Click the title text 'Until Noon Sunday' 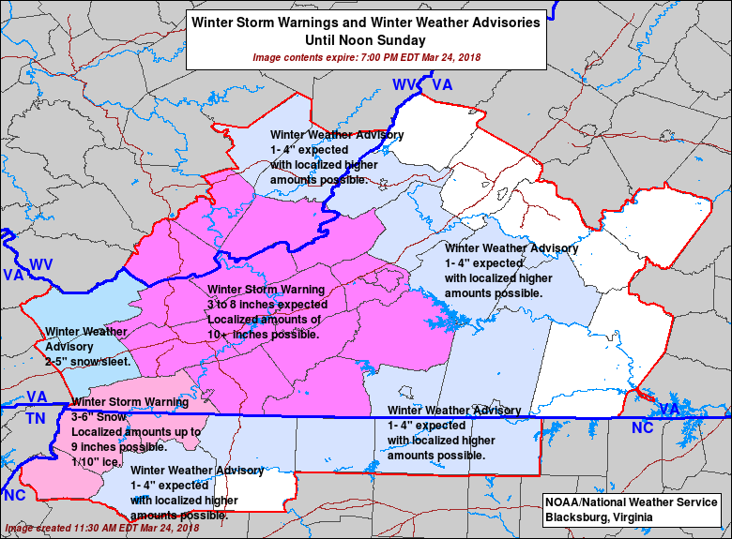pyautogui.click(x=365, y=40)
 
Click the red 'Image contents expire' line pyautogui.click(x=365, y=57)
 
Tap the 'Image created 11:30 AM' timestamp pyautogui.click(x=101, y=528)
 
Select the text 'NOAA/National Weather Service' pyautogui.click(x=631, y=502)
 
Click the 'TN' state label pyautogui.click(x=36, y=418)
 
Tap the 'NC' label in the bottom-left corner pyautogui.click(x=14, y=495)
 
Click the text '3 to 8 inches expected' pyautogui.click(x=267, y=305)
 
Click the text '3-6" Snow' pyautogui.click(x=99, y=417)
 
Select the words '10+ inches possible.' pyautogui.click(x=264, y=335)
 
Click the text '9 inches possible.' pyautogui.click(x=119, y=447)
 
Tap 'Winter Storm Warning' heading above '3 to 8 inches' pyautogui.click(x=267, y=290)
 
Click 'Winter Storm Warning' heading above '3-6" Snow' pyautogui.click(x=130, y=402)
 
